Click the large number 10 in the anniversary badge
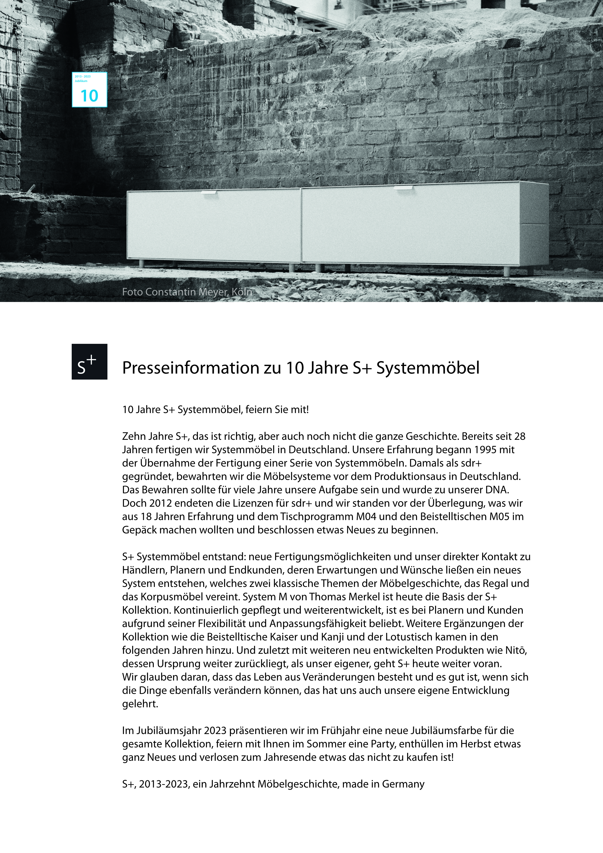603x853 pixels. [89, 96]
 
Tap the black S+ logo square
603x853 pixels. [89, 362]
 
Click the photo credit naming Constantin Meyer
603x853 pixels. [187, 292]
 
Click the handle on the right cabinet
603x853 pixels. [403, 188]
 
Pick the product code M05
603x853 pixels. [498, 516]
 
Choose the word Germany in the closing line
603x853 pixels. [403, 784]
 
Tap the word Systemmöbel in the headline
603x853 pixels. [428, 368]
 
